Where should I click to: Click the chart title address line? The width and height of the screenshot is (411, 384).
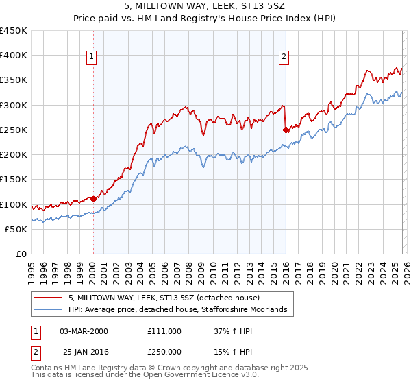pyautogui.click(x=206, y=6)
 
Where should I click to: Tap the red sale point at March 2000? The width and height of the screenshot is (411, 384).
pyautogui.click(x=93, y=199)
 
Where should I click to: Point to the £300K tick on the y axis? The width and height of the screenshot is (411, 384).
pyautogui.click(x=14, y=105)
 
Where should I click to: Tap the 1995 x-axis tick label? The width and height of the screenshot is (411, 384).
pyautogui.click(x=31, y=267)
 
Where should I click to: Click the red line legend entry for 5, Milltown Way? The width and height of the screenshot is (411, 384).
pyautogui.click(x=164, y=298)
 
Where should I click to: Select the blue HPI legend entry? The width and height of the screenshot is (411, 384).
pyautogui.click(x=182, y=310)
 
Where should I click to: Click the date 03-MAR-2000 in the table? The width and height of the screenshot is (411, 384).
pyautogui.click(x=84, y=331)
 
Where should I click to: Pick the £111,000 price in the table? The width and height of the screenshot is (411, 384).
pyautogui.click(x=164, y=331)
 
